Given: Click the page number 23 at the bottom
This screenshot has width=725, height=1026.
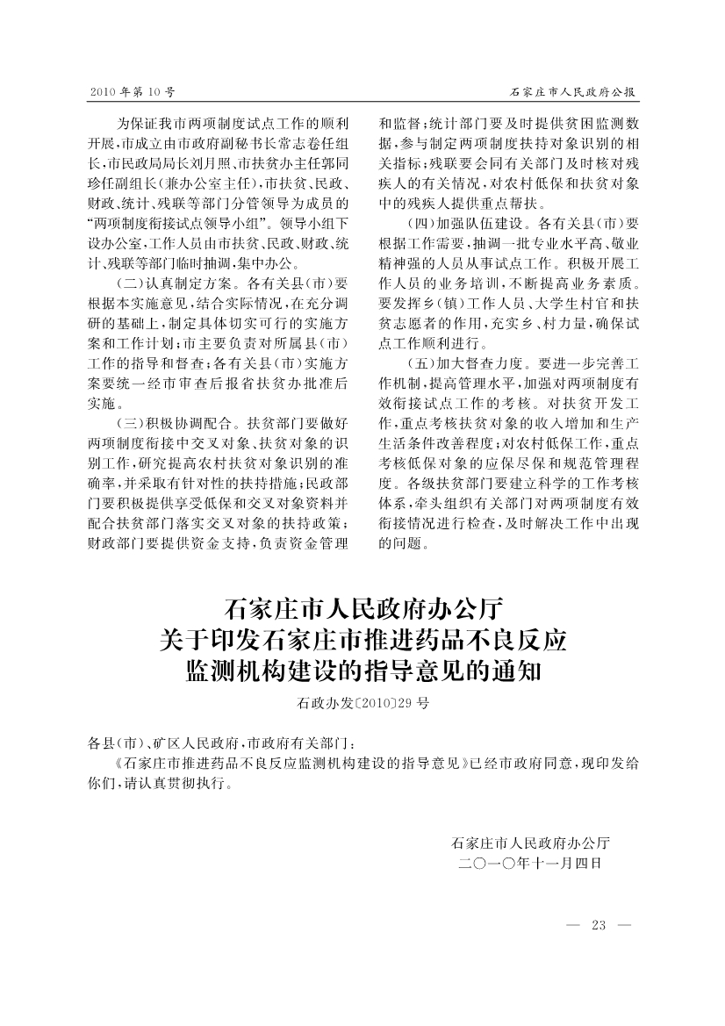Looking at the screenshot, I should pyautogui.click(x=599, y=925).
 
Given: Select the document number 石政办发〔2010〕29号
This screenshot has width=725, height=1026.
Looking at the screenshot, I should pyautogui.click(x=362, y=703).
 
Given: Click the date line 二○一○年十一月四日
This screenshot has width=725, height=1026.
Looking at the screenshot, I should pyautogui.click(x=530, y=864).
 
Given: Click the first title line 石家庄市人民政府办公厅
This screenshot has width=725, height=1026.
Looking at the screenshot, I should pyautogui.click(x=362, y=607).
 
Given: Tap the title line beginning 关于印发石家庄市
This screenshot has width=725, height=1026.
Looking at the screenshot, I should pyautogui.click(x=362, y=640).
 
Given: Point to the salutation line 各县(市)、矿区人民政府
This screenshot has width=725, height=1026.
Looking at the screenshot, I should pyautogui.click(x=167, y=743).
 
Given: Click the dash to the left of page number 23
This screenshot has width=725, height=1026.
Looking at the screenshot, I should pyautogui.click(x=575, y=925).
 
